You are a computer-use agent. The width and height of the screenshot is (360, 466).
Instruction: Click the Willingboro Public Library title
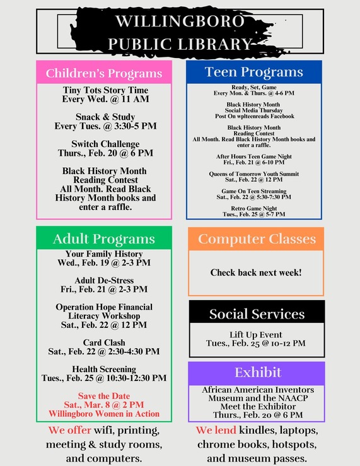180,32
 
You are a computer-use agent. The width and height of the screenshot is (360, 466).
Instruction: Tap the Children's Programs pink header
103,73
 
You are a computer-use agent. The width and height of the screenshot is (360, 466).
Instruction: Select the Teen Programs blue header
254,72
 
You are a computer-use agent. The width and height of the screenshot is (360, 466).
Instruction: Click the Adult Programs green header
103,239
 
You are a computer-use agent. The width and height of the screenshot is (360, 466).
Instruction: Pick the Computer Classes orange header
257,239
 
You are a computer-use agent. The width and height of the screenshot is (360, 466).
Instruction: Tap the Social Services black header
257,313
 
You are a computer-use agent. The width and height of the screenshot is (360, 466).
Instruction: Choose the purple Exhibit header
257,371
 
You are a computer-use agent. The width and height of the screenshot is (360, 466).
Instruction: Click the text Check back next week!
256,273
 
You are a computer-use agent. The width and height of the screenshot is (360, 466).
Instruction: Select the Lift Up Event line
256,334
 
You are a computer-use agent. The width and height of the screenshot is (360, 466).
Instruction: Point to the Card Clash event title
104,342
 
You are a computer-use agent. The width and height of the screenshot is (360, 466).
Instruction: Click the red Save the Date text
104,396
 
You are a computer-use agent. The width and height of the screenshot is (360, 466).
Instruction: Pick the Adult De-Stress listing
104,280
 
